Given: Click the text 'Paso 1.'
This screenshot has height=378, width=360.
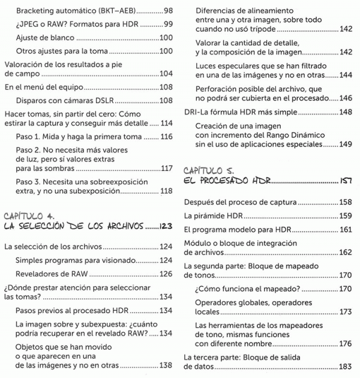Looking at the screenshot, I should (30, 137).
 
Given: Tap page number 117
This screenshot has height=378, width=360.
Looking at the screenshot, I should (167, 169).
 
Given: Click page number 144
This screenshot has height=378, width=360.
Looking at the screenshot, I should (346, 77).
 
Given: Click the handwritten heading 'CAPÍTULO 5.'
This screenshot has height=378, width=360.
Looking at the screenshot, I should (211, 169).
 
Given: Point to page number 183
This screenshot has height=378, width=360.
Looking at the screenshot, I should (346, 367).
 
